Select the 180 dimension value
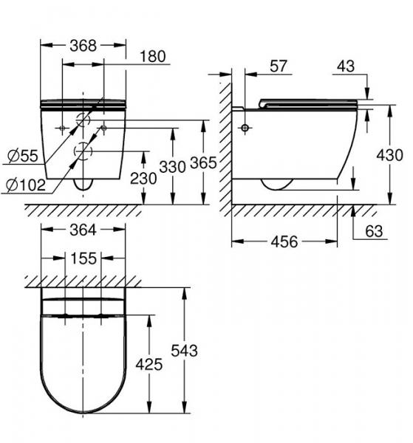pos(151,57)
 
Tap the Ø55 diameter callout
pos(23,156)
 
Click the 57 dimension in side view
pos(279,66)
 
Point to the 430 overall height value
pos(389,155)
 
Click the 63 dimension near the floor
pos(374,232)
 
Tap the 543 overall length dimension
pos(183,351)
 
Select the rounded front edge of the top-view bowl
pos(82,410)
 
